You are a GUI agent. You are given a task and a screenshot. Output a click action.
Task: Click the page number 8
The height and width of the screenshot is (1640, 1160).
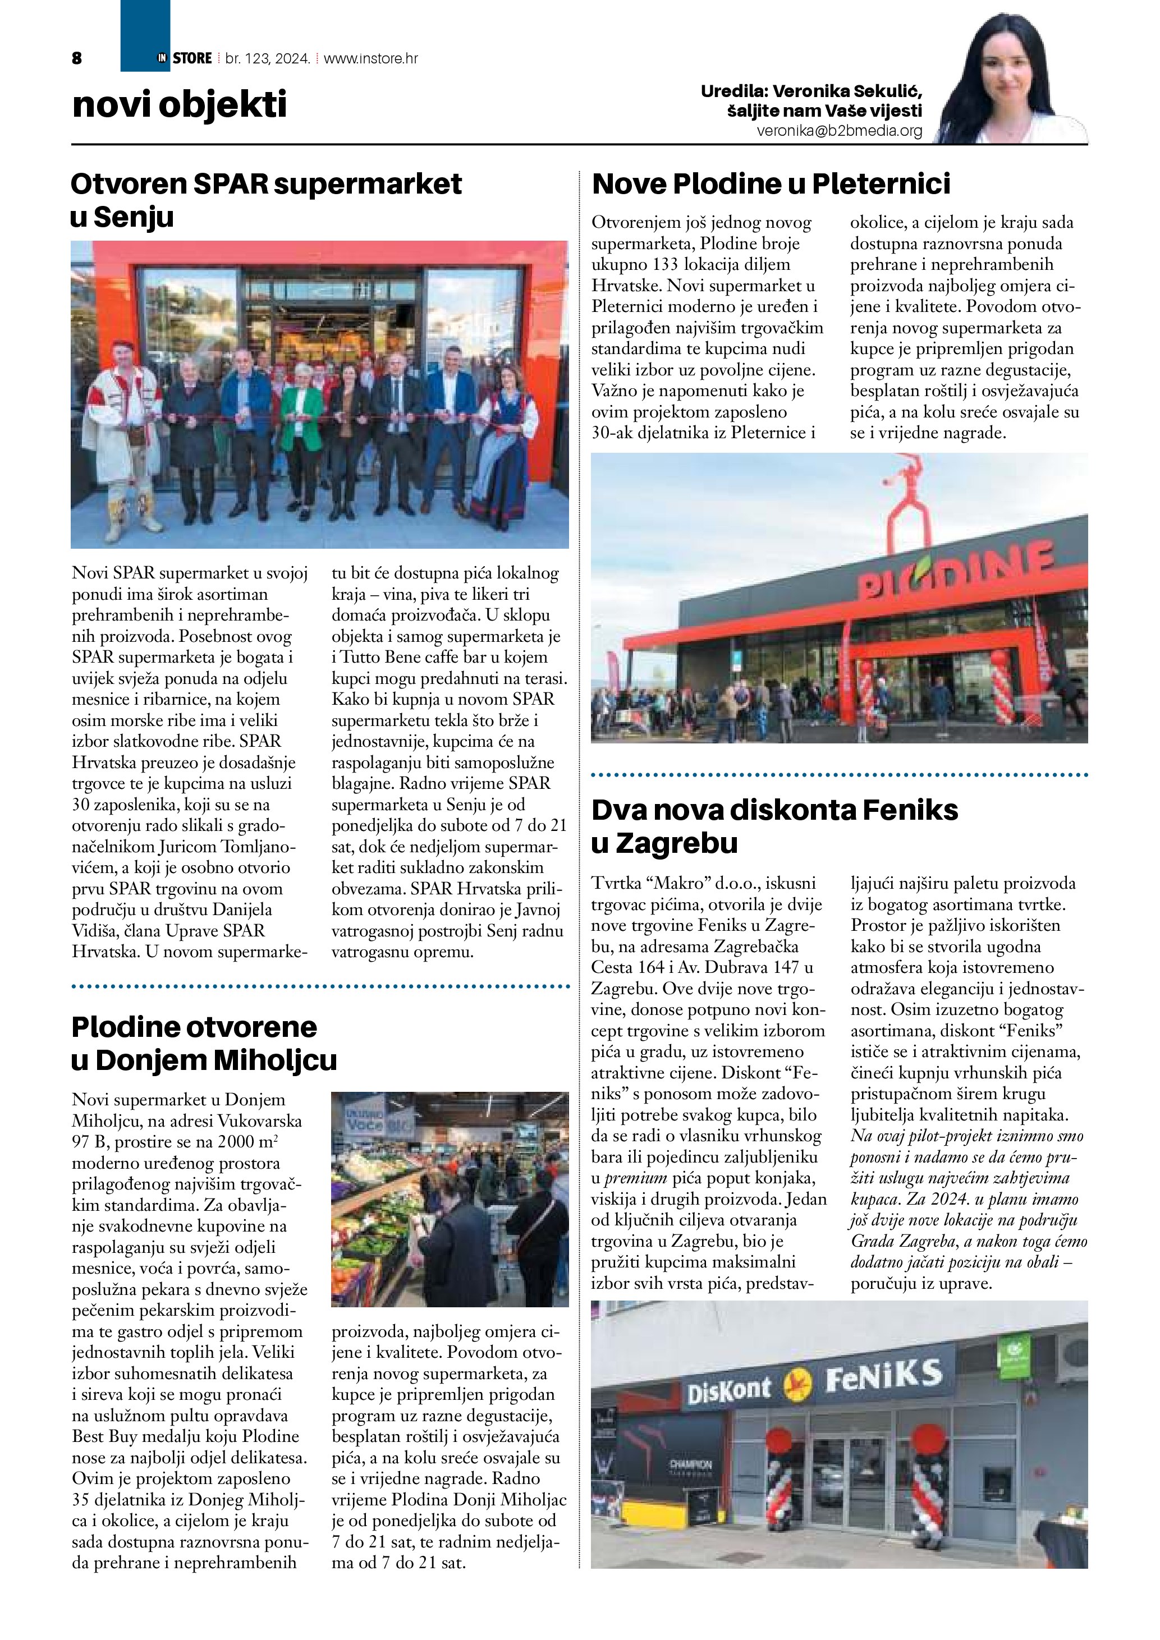pos(77,58)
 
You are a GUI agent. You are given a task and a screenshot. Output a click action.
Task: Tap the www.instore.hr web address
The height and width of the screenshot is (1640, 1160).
pos(371,58)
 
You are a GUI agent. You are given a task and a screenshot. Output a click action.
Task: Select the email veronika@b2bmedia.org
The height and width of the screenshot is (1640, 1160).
pos(840,131)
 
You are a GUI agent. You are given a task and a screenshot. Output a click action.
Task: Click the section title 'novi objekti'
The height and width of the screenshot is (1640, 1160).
pos(179,104)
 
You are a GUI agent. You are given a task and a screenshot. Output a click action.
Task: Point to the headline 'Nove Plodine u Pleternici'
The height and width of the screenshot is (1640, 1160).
pos(771,183)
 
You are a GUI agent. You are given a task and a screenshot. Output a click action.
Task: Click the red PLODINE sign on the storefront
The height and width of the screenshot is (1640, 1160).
pos(957,573)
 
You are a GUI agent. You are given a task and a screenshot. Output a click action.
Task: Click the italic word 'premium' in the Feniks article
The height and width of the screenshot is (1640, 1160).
pos(635,1198)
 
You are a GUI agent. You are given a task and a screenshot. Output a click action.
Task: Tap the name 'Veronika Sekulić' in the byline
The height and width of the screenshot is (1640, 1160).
pos(847,91)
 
